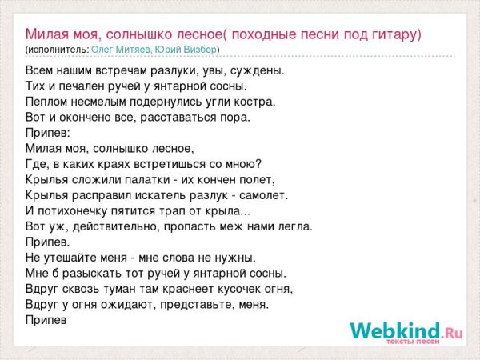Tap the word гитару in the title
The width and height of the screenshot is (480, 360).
point(393,34)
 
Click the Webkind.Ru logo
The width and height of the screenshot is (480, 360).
point(406,330)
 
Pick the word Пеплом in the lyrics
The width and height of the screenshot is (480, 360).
point(46,102)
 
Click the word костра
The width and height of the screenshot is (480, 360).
point(257,102)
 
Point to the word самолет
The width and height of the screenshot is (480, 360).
point(260,194)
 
